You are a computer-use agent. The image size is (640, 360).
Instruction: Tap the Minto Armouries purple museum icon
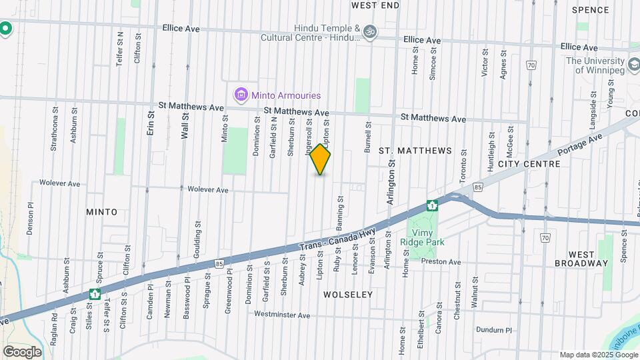coord(240,96)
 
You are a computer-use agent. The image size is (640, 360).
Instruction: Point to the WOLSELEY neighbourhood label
coord(348,294)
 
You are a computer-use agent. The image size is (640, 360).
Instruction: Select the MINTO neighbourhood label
coord(101,212)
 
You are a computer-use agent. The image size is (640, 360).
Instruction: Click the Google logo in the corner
coord(22,351)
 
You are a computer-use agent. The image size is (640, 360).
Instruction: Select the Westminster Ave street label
coord(283,315)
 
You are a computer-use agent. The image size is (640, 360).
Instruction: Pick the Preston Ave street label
coord(441,262)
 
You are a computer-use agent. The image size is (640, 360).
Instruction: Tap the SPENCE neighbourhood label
coord(590,10)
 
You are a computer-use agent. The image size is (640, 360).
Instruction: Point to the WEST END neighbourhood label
coord(375,5)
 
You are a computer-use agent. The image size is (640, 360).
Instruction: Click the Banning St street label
coord(340,209)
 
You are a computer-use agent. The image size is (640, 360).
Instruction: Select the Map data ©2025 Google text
coord(599,355)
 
